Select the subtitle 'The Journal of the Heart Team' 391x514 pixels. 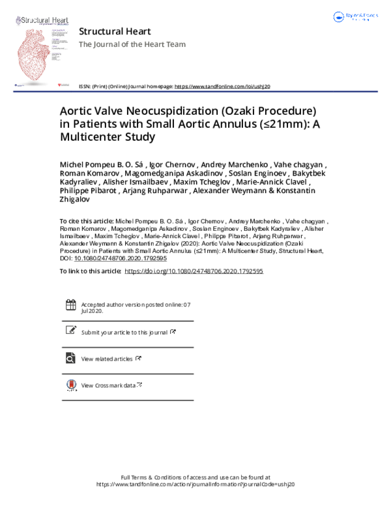point(132,44)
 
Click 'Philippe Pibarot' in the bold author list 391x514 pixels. point(95,191)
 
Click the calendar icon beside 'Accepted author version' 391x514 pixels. point(70,305)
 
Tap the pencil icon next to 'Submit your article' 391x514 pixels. point(70,331)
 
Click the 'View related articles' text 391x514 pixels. point(107,359)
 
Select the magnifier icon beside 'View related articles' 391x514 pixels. point(70,358)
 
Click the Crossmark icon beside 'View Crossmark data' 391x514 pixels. point(70,385)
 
